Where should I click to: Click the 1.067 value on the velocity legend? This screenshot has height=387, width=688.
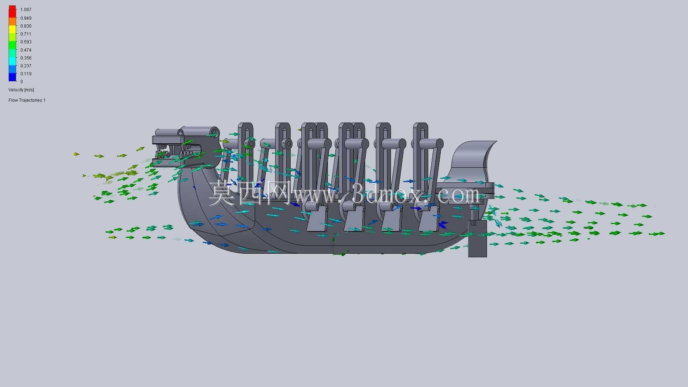coord(26,10)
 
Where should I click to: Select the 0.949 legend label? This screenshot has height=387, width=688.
coord(26,18)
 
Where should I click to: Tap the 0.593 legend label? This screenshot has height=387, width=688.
coord(26,42)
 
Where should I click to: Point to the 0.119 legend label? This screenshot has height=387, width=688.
coord(26,74)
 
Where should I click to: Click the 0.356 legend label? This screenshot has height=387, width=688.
coord(26,58)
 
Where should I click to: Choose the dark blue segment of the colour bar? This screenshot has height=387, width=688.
coord(13,77)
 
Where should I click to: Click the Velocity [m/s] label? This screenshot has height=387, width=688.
coord(21,90)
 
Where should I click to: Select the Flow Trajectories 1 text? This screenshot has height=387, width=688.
coord(27,100)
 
